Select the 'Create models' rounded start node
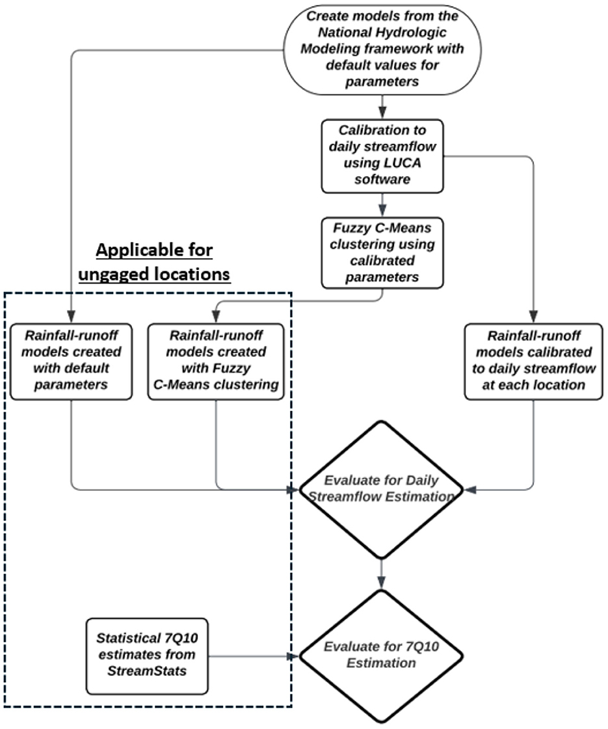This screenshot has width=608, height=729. click(382, 49)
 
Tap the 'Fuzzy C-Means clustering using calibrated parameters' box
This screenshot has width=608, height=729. click(382, 253)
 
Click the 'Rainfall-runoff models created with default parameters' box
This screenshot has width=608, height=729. click(71, 361)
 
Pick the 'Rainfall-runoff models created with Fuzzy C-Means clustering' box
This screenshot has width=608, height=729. click(216, 361)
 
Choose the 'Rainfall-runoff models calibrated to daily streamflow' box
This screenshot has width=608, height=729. click(534, 361)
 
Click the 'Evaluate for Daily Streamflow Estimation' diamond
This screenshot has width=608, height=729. click(381, 489)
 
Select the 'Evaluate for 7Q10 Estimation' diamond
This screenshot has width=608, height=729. click(381, 656)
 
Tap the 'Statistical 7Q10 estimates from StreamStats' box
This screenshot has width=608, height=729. click(147, 656)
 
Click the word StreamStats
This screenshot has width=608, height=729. click(147, 671)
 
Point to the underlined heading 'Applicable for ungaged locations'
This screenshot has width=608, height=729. click(154, 262)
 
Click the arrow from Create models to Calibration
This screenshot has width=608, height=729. click(382, 107)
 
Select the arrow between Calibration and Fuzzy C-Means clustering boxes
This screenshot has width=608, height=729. click(382, 205)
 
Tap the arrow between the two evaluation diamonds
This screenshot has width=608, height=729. click(382, 574)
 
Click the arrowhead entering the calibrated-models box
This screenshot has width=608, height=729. click(534, 317)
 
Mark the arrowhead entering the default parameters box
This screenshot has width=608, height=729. click(71, 317)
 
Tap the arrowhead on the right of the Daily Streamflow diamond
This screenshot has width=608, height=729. click(470, 490)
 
